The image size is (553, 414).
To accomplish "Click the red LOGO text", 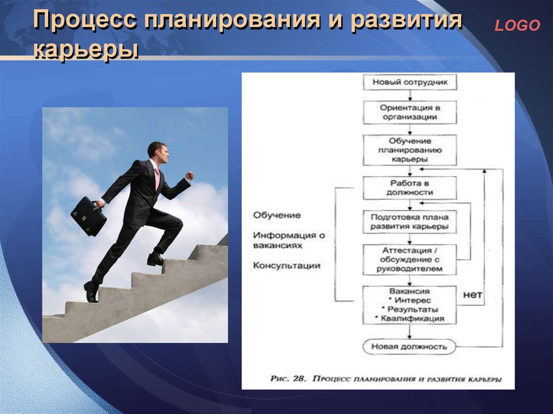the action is pyautogui.click(x=517, y=25).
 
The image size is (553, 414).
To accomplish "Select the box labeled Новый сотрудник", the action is pyautogui.click(x=410, y=82).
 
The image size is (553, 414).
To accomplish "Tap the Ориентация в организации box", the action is pyautogui.click(x=410, y=112).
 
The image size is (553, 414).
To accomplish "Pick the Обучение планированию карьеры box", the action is pyautogui.click(x=410, y=150).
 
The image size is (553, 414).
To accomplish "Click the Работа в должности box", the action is pyautogui.click(x=410, y=188).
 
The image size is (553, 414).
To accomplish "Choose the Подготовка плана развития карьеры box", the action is pyautogui.click(x=410, y=222).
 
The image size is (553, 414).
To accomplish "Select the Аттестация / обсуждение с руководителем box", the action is pyautogui.click(x=410, y=260).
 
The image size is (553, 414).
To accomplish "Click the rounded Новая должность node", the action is pyautogui.click(x=409, y=347).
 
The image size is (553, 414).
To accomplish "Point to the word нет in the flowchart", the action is pyautogui.click(x=472, y=294).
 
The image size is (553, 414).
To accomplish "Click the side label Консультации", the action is pyautogui.click(x=287, y=266).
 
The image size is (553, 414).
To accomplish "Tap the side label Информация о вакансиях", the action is pyautogui.click(x=289, y=240).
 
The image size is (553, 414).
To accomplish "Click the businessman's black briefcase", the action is pyautogui.click(x=89, y=216).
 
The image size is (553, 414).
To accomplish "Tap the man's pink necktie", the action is pyautogui.click(x=157, y=178).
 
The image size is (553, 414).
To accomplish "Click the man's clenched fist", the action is pyautogui.click(x=190, y=175).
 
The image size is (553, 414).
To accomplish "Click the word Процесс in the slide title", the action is pyautogui.click(x=85, y=20).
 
